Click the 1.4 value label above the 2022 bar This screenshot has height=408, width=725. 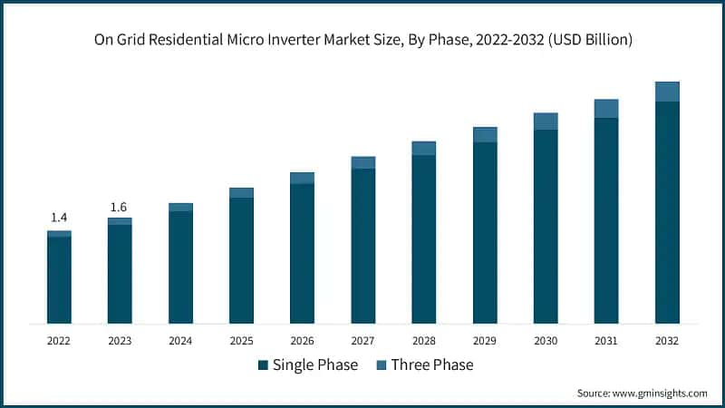(59, 218)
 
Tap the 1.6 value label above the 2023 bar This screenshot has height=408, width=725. (119, 207)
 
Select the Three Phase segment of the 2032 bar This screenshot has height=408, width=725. (667, 92)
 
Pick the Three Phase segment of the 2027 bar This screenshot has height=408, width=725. (362, 162)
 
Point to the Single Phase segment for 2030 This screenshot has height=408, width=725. (546, 227)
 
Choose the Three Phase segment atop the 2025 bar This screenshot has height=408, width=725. (241, 193)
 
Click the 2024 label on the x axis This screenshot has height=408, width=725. (180, 341)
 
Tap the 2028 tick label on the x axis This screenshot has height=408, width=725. (423, 341)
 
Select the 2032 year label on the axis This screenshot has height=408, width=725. (667, 341)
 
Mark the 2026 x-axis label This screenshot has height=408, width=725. (302, 341)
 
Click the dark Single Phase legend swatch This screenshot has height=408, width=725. (263, 365)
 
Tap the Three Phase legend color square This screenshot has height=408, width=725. (381, 365)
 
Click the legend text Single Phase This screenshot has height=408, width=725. (315, 365)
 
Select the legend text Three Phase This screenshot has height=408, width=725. (432, 365)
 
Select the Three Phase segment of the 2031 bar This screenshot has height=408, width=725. (606, 109)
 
